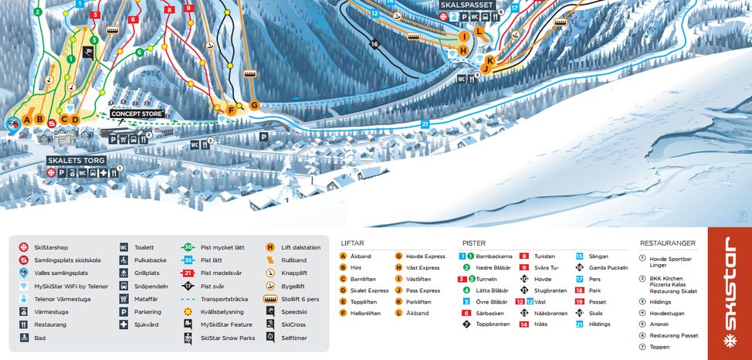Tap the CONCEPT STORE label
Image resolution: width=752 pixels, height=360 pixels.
point(137,114)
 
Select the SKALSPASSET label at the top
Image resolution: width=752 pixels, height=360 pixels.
point(466,5)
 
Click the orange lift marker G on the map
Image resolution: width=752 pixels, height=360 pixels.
point(253,105)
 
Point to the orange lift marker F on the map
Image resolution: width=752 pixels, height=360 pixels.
point(230,110)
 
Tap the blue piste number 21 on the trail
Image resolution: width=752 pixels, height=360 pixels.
point(425,124)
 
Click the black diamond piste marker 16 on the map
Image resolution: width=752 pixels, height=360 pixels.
point(375,44)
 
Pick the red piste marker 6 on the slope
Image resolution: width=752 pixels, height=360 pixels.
point(134,19)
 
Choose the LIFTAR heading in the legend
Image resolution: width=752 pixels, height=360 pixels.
point(353,243)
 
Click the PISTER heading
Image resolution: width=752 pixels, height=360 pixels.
point(474,243)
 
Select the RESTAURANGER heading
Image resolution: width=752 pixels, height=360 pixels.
point(668,243)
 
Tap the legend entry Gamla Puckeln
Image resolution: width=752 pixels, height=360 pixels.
point(608,267)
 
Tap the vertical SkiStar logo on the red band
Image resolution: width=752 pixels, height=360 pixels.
point(730,294)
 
